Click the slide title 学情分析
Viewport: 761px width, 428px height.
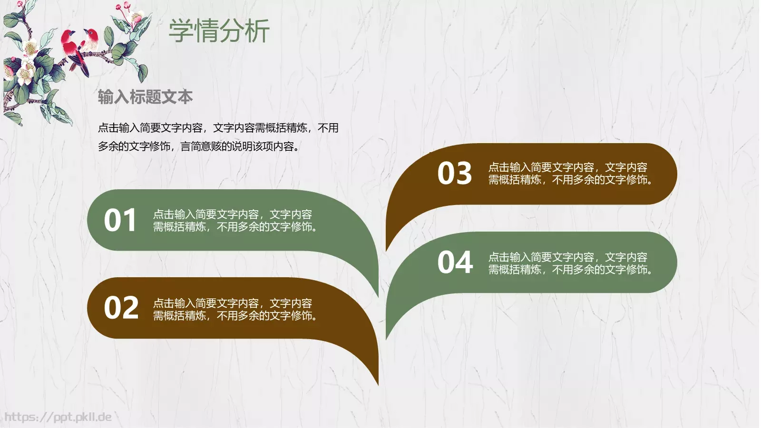(219, 31)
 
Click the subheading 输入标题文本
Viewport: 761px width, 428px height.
(145, 97)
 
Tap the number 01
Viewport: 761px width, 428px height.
(120, 221)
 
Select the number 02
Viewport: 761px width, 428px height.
(121, 308)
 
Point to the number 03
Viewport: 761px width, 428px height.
(455, 174)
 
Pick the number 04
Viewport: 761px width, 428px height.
(455, 263)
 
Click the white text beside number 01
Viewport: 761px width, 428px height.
(235, 221)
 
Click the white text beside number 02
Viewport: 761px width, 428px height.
(235, 310)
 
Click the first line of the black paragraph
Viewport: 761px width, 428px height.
(218, 128)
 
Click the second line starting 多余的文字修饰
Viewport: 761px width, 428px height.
(199, 146)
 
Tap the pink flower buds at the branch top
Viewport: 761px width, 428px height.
(125, 8)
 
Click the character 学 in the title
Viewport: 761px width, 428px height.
(181, 31)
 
